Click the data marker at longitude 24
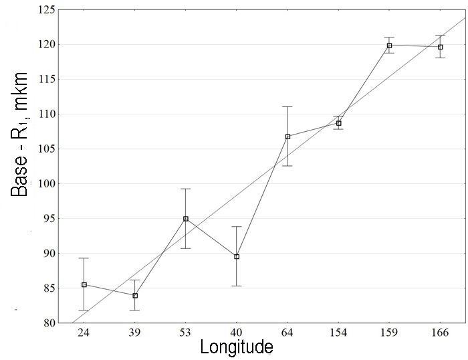(x=84, y=284)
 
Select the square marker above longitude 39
(x=135, y=295)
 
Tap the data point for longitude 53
(x=186, y=219)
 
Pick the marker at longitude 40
(x=237, y=256)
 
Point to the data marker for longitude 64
(x=287, y=137)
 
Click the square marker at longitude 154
(x=339, y=123)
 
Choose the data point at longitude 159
(x=389, y=46)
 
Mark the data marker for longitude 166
(x=440, y=47)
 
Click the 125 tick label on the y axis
(x=45, y=9)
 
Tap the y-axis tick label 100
(x=45, y=183)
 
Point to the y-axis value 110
(x=45, y=114)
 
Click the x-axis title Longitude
(x=237, y=348)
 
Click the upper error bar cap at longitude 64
(x=287, y=106)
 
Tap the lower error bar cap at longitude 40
(x=237, y=286)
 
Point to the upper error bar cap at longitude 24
(x=84, y=258)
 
